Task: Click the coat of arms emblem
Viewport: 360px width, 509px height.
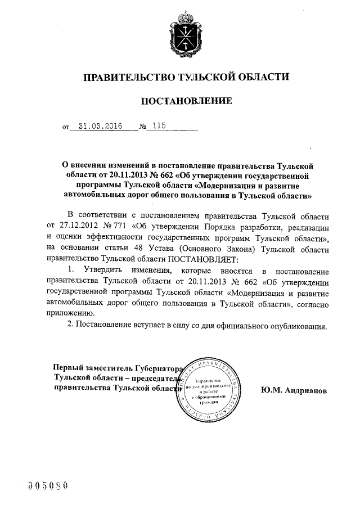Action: click(180, 35)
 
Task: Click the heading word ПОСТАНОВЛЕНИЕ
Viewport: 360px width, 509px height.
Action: click(179, 102)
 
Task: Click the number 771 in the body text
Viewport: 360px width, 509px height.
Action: click(120, 226)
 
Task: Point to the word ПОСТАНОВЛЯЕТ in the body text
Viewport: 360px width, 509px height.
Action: click(203, 259)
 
